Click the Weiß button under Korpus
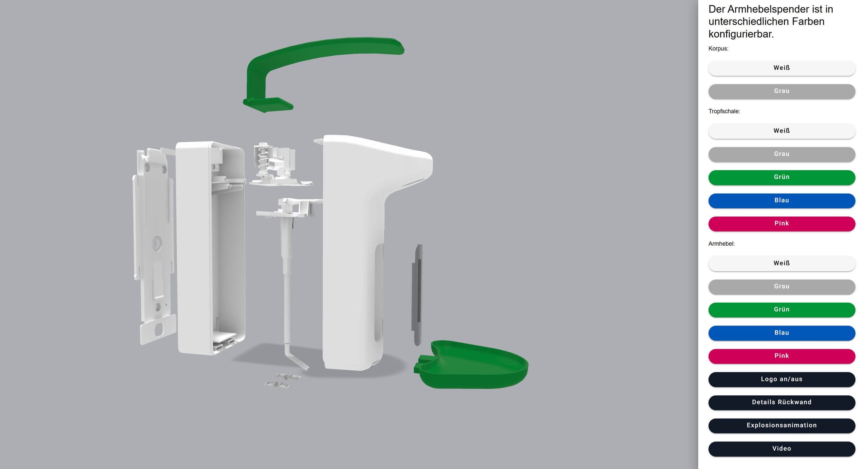pos(781,68)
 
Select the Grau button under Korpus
pos(781,91)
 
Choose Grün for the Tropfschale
pos(781,177)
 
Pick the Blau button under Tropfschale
pos(781,200)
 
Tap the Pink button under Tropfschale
pos(781,223)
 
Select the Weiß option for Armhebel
pos(781,263)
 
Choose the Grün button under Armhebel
pos(781,310)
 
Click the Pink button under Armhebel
pos(781,356)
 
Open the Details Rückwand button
pos(781,402)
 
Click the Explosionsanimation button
pos(781,425)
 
